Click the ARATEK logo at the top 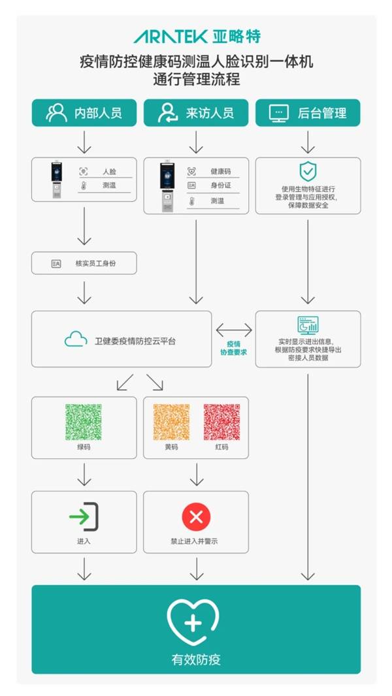pyautogui.click(x=197, y=36)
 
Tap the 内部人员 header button pyautogui.click(x=84, y=112)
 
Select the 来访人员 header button pyautogui.click(x=196, y=112)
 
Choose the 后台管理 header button pyautogui.click(x=308, y=112)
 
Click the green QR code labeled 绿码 pyautogui.click(x=84, y=421)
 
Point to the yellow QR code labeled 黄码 pyautogui.click(x=171, y=421)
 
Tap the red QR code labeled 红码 pyautogui.click(x=221, y=421)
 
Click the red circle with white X pyautogui.click(x=196, y=518)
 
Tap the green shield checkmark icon pyautogui.click(x=308, y=171)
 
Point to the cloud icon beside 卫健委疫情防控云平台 pyautogui.click(x=76, y=340)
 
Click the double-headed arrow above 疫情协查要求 pyautogui.click(x=233, y=329)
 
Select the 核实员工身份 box pyautogui.click(x=84, y=263)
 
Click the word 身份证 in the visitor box pyautogui.click(x=220, y=186)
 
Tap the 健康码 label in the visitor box pyautogui.click(x=220, y=171)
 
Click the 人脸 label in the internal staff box pyautogui.click(x=109, y=171)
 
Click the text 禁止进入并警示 pyautogui.click(x=196, y=542)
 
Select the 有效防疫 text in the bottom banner pyautogui.click(x=196, y=659)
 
